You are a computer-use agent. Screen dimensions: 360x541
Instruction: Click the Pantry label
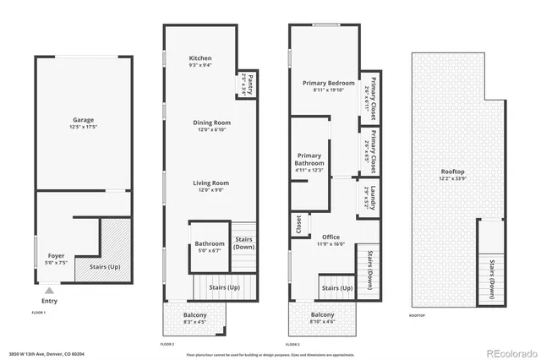[246, 85]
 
